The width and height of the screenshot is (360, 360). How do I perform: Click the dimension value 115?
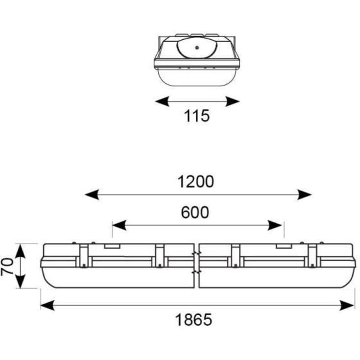pyautogui.click(x=197, y=116)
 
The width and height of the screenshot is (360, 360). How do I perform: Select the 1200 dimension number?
pyautogui.click(x=195, y=182)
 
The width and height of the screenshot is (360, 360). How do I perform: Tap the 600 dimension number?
pyautogui.click(x=195, y=213)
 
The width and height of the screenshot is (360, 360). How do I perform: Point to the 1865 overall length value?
pyautogui.click(x=193, y=320)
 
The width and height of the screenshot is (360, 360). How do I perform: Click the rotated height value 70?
pyautogui.click(x=7, y=266)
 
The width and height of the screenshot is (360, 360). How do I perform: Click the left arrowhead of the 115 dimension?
pyautogui.click(x=162, y=101)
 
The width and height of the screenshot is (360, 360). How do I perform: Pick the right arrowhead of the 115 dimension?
pyautogui.click(x=232, y=101)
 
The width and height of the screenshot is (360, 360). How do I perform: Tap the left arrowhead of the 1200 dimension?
pyautogui.click(x=92, y=194)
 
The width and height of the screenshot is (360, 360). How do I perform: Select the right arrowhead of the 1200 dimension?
pyautogui.click(x=305, y=194)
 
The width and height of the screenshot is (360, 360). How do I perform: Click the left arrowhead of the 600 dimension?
pyautogui.click(x=119, y=225)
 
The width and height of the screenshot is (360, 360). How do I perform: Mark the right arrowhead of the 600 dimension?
pyautogui.click(x=275, y=225)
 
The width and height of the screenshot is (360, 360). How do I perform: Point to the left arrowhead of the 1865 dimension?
pyautogui.click(x=48, y=305)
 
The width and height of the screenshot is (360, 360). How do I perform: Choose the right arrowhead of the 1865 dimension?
pyautogui.click(x=347, y=305)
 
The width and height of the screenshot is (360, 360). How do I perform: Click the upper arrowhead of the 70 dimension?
pyautogui.click(x=21, y=250)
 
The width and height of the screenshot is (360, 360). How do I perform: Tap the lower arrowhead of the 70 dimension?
pyautogui.click(x=21, y=281)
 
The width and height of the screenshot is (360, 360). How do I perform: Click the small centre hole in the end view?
pyautogui.click(x=197, y=48)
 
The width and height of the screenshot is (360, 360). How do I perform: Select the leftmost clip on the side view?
pyautogui.click(x=84, y=256)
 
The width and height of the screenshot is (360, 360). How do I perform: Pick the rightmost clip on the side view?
pyautogui.click(x=312, y=256)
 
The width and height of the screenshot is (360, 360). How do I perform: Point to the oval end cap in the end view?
pyautogui.click(x=197, y=48)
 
